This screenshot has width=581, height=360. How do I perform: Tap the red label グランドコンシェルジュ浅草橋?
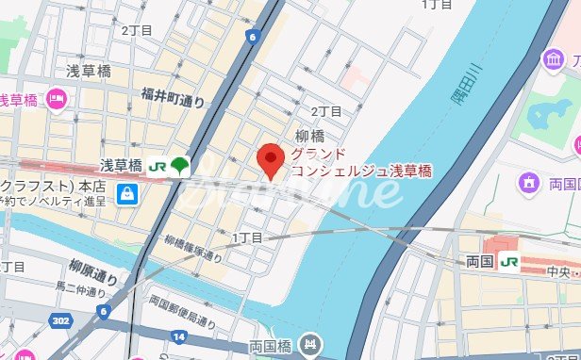tap(361, 162)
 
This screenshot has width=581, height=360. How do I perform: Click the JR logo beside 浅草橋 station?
tap(157, 167)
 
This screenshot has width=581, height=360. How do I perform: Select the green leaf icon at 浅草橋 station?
tap(179, 167)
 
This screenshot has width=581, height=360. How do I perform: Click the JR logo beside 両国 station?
tap(509, 261)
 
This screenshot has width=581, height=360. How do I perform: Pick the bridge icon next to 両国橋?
tap(308, 346)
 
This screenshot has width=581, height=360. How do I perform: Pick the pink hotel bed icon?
tap(56, 98)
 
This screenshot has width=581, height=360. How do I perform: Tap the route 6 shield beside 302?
tap(102, 310)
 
